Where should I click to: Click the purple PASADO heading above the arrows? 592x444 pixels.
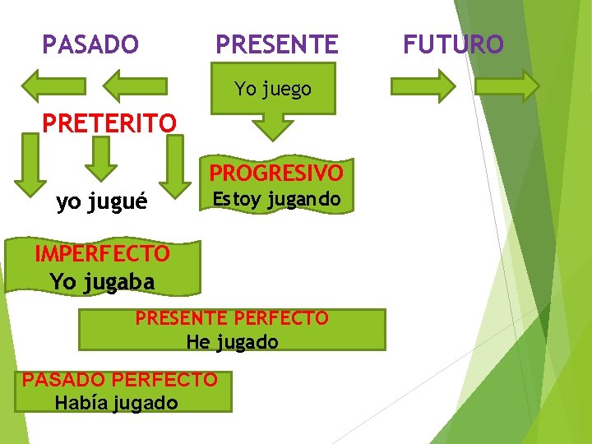pyautogui.click(x=90, y=44)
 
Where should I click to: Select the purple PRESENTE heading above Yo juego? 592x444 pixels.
pyautogui.click(x=276, y=44)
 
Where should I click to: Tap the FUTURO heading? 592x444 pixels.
pyautogui.click(x=453, y=44)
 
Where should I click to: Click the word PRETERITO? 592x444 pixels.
pyautogui.click(x=109, y=123)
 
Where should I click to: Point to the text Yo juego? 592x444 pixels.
pyautogui.click(x=273, y=89)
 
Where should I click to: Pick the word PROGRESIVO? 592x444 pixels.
pyautogui.click(x=276, y=173)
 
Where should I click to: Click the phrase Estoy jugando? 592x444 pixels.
pyautogui.click(x=276, y=199)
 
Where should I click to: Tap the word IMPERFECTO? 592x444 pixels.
pyautogui.click(x=103, y=254)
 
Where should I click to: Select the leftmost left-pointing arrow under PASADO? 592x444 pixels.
pyautogui.click(x=53, y=86)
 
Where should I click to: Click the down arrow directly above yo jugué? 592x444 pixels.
pyautogui.click(x=101, y=159)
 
